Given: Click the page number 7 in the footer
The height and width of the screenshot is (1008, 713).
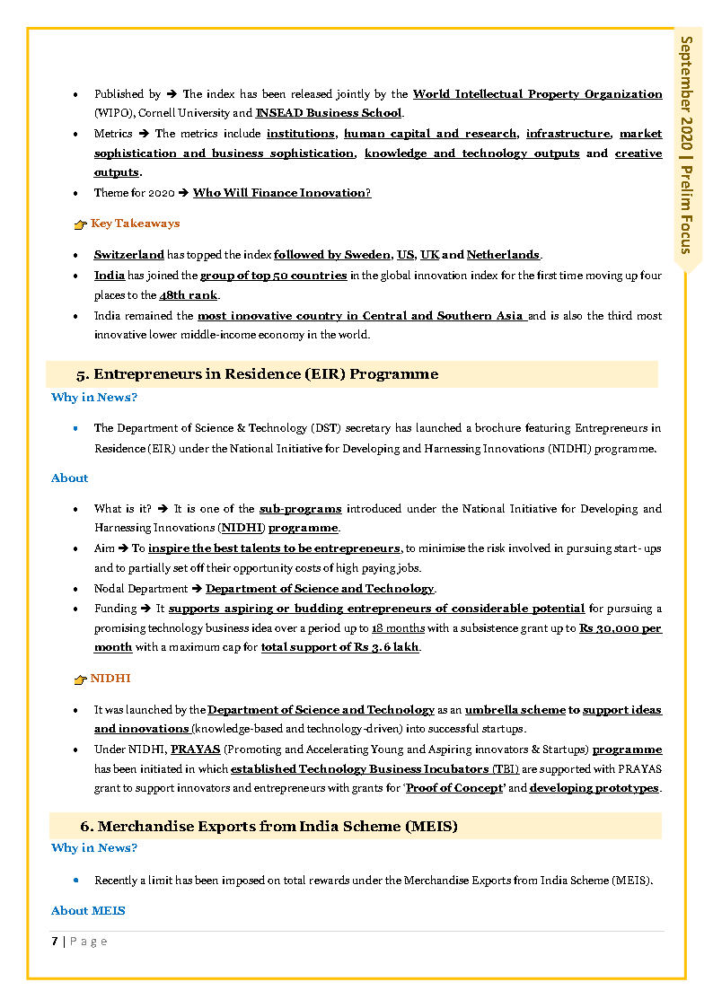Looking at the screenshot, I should click(x=55, y=941).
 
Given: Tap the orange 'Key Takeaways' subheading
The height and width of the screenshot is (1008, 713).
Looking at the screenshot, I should click(x=135, y=224).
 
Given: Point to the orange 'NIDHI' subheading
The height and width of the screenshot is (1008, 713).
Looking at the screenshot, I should click(x=110, y=679).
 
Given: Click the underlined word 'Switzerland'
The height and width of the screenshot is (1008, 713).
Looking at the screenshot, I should click(x=129, y=255).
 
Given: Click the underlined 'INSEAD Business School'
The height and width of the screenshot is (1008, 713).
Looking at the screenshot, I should click(x=329, y=113).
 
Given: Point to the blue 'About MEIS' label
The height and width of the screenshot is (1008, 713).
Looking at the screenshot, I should click(x=88, y=911).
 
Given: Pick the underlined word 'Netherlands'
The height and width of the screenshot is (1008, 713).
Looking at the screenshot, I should click(x=503, y=255).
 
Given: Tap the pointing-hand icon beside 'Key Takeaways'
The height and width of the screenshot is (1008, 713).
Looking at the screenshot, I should click(x=80, y=224).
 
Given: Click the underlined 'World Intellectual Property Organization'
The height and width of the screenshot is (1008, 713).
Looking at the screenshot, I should click(x=537, y=93).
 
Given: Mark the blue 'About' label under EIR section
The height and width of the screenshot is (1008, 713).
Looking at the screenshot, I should click(x=69, y=478).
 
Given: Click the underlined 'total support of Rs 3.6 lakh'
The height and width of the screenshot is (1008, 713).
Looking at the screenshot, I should click(x=339, y=648).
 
